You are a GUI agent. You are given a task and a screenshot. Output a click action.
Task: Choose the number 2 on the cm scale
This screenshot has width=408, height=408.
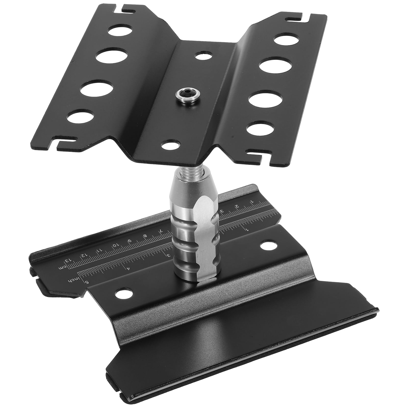coord(237,206)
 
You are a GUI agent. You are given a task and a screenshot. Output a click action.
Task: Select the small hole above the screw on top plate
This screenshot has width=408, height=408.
coord(203,55)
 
